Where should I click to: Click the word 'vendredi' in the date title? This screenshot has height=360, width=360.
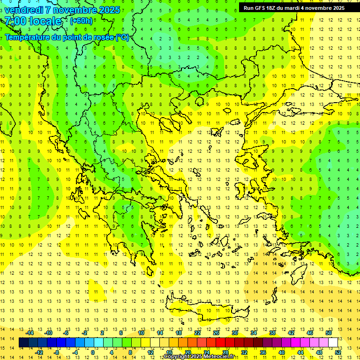(x=25, y=10)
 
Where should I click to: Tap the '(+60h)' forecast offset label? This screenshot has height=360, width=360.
(x=81, y=21)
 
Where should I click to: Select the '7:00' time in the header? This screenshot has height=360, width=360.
(x=15, y=21)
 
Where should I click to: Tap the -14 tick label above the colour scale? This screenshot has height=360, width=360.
(x=30, y=333)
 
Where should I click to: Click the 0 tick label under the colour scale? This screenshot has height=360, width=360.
(x=92, y=352)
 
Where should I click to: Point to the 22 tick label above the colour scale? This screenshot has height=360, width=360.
(x=198, y=333)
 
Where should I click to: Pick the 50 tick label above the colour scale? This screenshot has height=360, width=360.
(x=329, y=333)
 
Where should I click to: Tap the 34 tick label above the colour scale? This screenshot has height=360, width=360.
(x=254, y=333)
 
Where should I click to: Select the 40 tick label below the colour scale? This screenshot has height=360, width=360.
(x=282, y=352)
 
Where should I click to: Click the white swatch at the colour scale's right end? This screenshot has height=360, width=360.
(x=333, y=343)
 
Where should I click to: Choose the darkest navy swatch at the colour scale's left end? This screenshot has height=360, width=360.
(x=23, y=343)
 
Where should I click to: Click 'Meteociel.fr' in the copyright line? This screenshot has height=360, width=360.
(x=221, y=357)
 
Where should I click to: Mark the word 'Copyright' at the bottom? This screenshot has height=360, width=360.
(x=177, y=357)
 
